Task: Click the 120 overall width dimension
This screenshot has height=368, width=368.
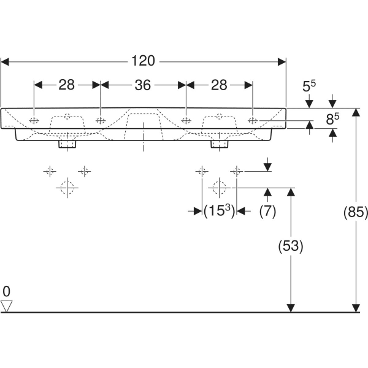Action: (x=143, y=61)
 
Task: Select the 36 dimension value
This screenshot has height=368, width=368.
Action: (x=143, y=85)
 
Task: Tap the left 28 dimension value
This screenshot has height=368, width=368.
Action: (x=67, y=85)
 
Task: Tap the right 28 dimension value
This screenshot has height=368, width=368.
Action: (x=219, y=85)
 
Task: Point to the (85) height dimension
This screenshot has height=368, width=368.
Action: (x=355, y=212)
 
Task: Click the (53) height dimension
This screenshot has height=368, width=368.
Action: (x=291, y=246)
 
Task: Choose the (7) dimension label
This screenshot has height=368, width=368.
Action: (x=267, y=211)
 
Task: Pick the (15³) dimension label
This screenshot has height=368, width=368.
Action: (x=219, y=211)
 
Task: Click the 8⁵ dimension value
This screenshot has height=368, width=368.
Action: (x=332, y=119)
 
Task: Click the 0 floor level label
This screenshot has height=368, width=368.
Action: (x=6, y=291)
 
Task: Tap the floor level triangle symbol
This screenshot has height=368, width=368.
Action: (x=7, y=305)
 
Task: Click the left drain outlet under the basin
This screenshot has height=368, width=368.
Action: (x=67, y=144)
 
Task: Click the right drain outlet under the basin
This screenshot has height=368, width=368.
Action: (x=219, y=144)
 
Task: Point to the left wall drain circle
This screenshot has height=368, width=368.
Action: (x=67, y=187)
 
